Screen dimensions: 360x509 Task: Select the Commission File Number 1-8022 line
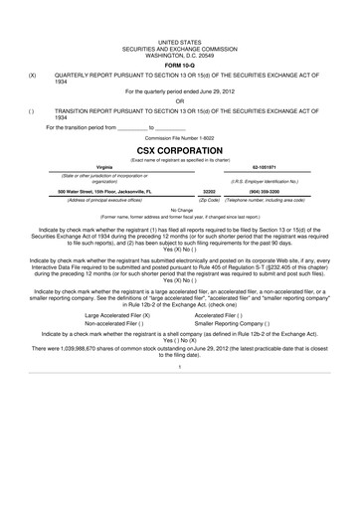click(180, 135)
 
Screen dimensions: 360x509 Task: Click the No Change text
click(180, 210)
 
